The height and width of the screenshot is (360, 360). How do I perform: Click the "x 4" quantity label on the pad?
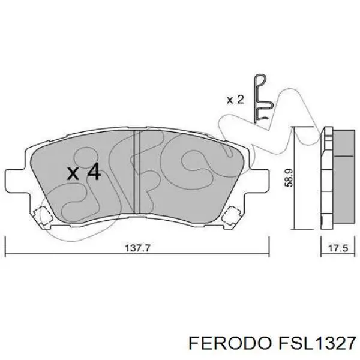click(x=83, y=173)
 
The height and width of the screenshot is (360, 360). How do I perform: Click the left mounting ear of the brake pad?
click(x=13, y=178)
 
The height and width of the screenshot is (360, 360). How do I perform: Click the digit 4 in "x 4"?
click(x=93, y=173)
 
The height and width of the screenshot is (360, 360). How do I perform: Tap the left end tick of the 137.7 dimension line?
click(x=5, y=247)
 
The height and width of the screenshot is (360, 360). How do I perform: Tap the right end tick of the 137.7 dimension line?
click(x=268, y=247)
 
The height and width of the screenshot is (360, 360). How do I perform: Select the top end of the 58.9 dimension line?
click(x=295, y=128)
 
